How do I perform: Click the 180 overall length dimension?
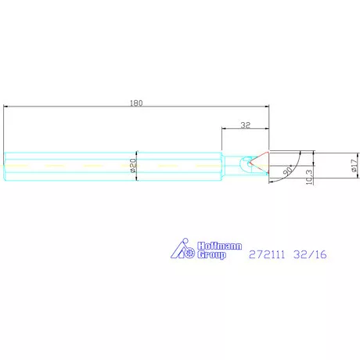[x=136, y=103]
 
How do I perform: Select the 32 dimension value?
[x=245, y=124]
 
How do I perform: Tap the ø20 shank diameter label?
[x=134, y=165]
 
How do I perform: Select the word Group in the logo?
[x=211, y=255]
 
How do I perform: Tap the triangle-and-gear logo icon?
[x=182, y=249]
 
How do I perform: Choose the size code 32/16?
[x=311, y=254]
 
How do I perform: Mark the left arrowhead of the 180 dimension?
[x=6, y=106]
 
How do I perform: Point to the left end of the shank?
[x=5, y=166]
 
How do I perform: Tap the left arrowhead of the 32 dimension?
[x=224, y=128]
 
